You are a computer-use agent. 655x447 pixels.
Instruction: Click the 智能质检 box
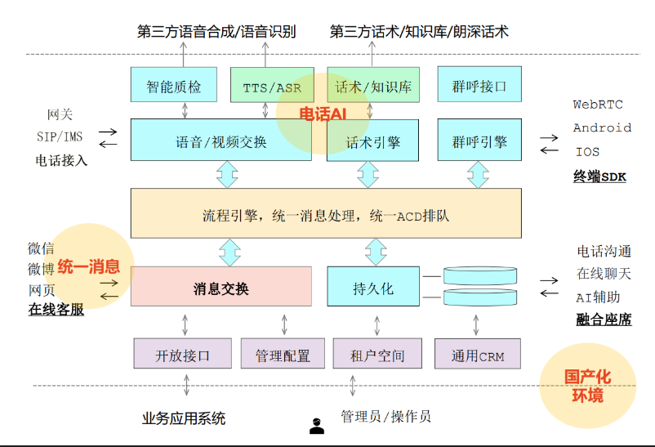[174, 86]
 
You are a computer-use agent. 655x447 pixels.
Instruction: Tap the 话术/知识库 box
[373, 86]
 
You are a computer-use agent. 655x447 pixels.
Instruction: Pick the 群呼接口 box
[479, 86]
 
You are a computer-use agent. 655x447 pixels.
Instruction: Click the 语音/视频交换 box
[221, 141]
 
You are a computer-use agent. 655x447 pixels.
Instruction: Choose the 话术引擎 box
[373, 141]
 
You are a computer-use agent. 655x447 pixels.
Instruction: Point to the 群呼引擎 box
[479, 141]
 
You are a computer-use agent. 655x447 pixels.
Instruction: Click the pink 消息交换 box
[221, 287]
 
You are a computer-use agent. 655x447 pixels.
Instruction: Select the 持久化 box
[373, 288]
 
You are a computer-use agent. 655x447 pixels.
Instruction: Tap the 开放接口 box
[183, 355]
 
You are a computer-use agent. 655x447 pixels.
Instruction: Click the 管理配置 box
[283, 355]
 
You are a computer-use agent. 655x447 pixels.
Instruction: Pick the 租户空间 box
[377, 355]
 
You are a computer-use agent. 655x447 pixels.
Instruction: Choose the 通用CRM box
[478, 355]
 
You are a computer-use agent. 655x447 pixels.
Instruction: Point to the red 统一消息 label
[89, 266]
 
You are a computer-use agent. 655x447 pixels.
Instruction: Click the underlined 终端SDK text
[599, 176]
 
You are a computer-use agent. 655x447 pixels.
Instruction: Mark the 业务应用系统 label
[184, 418]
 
